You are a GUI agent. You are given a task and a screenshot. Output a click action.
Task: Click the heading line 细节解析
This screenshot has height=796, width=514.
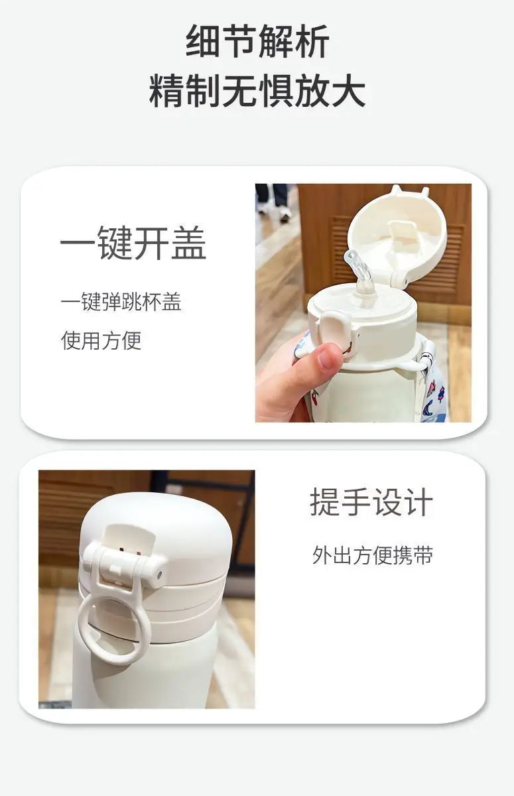point(257,41)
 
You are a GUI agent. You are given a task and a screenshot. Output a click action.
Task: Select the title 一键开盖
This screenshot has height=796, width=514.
point(133,243)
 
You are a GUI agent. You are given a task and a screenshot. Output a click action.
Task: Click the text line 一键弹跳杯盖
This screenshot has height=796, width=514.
point(121,302)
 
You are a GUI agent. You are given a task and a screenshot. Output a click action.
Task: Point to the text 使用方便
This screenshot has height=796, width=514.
point(101,340)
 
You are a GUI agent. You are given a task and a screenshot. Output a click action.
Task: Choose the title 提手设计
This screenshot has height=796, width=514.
point(371,502)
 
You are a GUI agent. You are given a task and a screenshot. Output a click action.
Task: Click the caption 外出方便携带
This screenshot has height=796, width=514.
point(373,555)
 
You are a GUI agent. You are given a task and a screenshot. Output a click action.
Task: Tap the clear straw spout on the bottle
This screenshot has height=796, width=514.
point(358,270)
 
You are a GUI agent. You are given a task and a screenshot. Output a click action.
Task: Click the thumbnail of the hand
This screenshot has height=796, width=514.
point(328,356)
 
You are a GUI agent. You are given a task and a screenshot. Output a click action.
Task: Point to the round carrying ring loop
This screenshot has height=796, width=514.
point(113,628)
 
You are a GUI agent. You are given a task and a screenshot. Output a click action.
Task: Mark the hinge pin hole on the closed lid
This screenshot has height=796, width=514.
point(159,574)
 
